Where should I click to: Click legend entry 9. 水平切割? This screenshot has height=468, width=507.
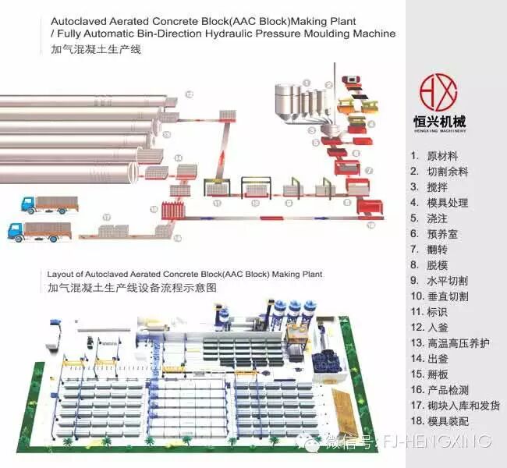click(x=439, y=281)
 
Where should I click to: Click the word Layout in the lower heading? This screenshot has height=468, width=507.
click(x=60, y=275)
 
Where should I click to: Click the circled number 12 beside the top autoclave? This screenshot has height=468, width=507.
click(x=188, y=94)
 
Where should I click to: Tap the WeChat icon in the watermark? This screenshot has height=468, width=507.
click(x=311, y=442)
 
